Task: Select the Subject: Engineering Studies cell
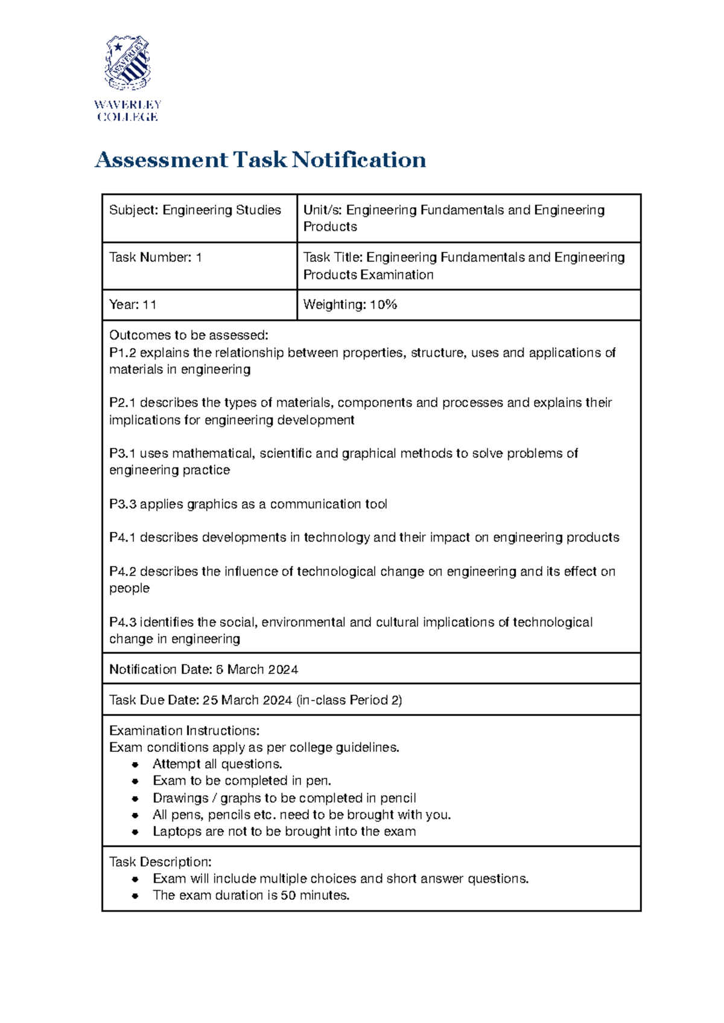click(195, 210)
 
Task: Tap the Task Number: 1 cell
click(155, 257)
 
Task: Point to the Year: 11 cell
click(133, 305)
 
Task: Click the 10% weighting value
click(383, 305)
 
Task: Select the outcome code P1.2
click(122, 353)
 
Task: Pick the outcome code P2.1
click(122, 403)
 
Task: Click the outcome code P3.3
click(122, 504)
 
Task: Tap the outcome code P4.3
click(122, 622)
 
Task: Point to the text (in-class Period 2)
click(349, 701)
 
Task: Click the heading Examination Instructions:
click(184, 731)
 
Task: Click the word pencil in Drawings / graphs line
click(398, 798)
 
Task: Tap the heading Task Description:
click(160, 862)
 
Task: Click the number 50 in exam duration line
click(288, 896)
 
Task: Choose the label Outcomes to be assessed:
click(188, 335)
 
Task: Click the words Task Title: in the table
click(332, 257)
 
